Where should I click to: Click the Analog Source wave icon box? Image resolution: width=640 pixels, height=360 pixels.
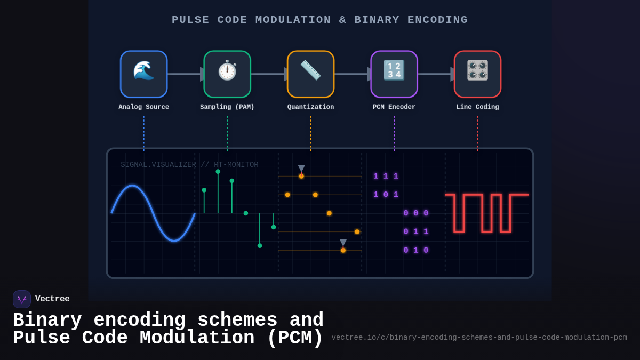click(x=143, y=74)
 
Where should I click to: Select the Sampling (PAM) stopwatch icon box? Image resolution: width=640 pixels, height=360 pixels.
click(x=227, y=74)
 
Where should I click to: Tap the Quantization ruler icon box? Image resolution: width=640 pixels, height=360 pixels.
click(x=310, y=74)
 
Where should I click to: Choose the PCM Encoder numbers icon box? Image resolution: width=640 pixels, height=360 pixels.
click(x=394, y=74)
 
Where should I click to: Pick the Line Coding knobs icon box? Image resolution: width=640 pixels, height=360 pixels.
click(x=477, y=74)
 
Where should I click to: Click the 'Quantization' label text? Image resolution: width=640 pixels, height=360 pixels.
click(x=310, y=107)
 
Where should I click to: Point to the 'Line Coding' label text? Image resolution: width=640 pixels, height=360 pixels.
click(x=477, y=107)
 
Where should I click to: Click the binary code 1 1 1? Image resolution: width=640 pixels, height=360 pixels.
click(x=386, y=177)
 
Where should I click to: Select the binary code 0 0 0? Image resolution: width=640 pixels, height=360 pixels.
click(x=416, y=213)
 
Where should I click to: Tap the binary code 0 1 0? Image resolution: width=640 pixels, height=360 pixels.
click(x=416, y=251)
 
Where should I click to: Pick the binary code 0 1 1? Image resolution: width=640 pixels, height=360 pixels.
click(x=416, y=232)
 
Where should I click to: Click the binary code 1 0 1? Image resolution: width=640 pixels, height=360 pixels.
click(x=386, y=195)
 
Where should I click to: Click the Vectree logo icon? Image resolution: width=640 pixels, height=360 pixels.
click(x=22, y=299)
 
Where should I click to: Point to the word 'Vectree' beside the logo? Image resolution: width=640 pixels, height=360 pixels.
click(x=52, y=299)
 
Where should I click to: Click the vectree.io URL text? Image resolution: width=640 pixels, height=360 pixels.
click(x=479, y=338)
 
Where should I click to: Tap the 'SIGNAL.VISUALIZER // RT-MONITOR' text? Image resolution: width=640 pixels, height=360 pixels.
click(x=189, y=165)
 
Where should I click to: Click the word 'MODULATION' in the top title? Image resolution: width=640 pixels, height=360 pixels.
click(x=293, y=20)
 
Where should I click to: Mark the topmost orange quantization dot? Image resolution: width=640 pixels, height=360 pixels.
click(x=301, y=176)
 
